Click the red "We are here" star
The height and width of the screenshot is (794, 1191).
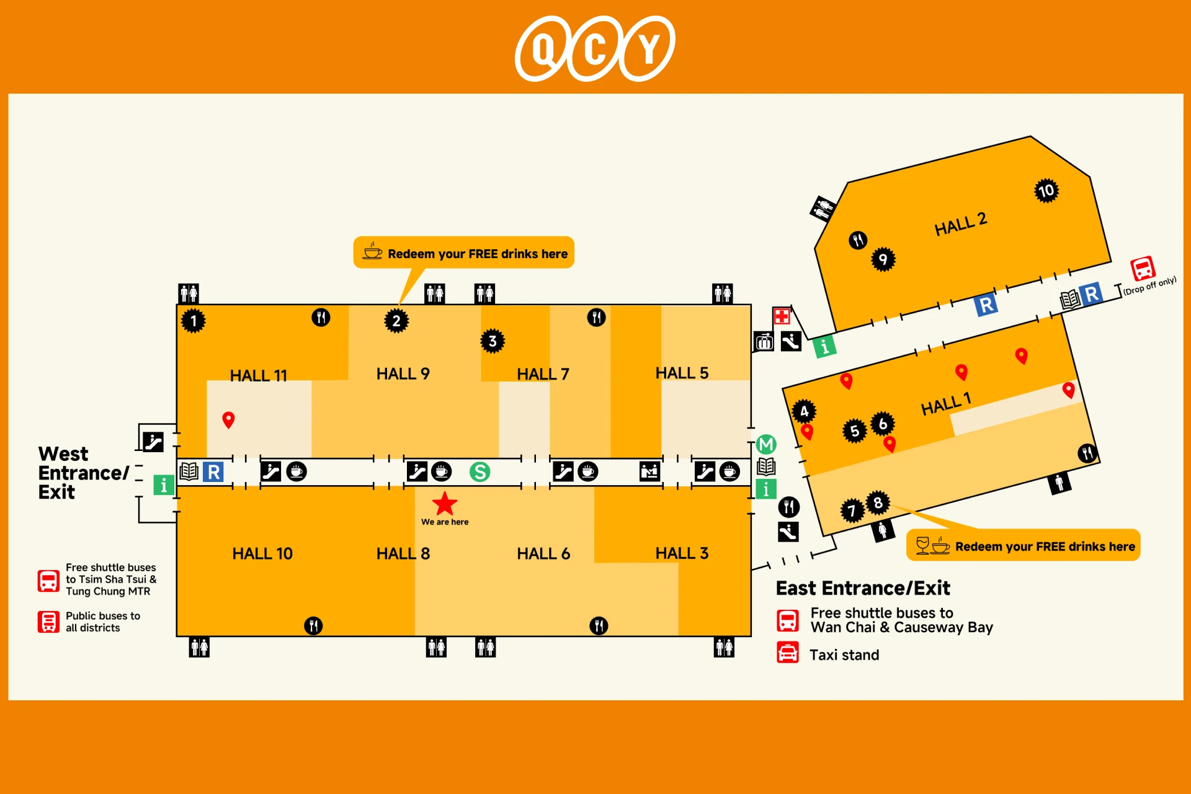[445, 504]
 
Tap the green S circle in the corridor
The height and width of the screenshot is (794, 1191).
[480, 472]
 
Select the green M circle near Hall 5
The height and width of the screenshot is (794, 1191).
[766, 444]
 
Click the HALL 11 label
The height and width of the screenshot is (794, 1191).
[259, 375]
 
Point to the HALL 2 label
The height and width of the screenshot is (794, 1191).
[961, 224]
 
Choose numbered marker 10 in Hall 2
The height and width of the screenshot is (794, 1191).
[1046, 190]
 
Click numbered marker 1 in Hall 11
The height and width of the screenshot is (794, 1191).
[194, 321]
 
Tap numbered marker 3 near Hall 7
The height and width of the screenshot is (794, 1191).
[493, 341]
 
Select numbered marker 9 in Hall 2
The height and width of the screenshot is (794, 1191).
[883, 259]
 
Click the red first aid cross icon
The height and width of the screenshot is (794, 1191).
[782, 316]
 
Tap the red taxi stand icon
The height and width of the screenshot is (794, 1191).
[788, 653]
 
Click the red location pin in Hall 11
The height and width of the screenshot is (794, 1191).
[228, 420]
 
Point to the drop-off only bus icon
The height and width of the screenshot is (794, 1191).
[1143, 269]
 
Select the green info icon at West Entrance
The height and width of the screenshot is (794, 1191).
[164, 484]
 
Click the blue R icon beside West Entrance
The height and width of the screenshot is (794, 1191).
[213, 472]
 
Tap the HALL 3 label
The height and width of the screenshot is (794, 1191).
[682, 553]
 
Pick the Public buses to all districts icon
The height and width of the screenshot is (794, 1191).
[48, 622]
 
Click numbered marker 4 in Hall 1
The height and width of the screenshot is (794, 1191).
[804, 411]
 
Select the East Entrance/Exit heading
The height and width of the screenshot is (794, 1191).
[863, 587]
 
